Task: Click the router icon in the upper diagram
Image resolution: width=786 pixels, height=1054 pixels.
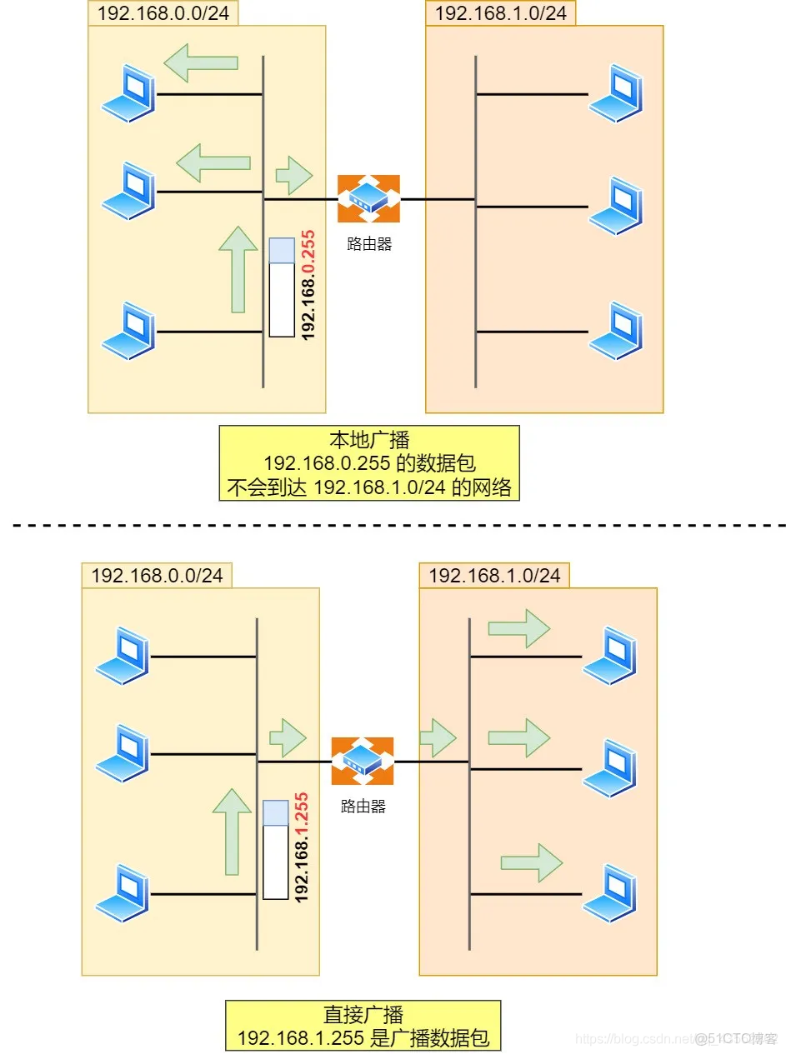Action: (x=368, y=198)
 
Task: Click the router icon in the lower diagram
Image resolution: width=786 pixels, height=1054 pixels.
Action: (x=362, y=761)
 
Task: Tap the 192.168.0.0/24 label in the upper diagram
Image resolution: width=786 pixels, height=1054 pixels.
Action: (x=163, y=13)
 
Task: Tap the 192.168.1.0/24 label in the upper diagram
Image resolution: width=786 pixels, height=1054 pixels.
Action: (x=501, y=13)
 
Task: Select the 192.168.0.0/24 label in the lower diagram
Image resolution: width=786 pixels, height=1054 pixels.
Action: (x=157, y=575)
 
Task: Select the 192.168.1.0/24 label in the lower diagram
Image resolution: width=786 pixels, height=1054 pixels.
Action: (x=494, y=575)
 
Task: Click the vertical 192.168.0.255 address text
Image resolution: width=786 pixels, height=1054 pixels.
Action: (x=308, y=285)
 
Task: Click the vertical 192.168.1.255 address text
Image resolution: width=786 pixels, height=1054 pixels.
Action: (x=302, y=847)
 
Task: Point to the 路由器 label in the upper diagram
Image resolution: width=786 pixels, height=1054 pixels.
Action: (x=369, y=243)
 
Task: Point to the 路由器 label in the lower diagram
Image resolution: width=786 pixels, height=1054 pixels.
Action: (x=363, y=806)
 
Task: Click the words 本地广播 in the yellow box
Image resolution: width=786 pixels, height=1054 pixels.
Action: (x=369, y=439)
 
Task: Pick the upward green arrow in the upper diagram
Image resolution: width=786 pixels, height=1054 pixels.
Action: (x=238, y=269)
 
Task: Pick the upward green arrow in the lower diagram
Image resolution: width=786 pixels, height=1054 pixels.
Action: (x=232, y=832)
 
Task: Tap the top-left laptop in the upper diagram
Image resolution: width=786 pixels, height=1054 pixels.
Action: (x=128, y=93)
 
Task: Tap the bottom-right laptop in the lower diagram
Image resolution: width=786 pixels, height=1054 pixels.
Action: (x=609, y=893)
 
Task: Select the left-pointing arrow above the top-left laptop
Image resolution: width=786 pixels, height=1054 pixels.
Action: (x=201, y=62)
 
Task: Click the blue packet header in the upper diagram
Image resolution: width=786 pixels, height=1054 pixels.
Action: (x=282, y=250)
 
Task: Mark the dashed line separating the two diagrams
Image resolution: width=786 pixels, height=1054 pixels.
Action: (x=399, y=526)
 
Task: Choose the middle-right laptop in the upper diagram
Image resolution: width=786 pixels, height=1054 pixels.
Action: (x=616, y=206)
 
